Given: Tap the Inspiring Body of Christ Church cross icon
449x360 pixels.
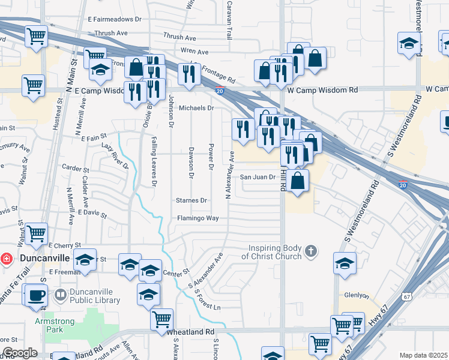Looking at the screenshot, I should pos(310,250).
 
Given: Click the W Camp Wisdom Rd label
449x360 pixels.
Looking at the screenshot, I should pos(322,89).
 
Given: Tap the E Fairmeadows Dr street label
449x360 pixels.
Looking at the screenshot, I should pos(114,19).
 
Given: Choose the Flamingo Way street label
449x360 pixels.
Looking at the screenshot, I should pos(197,218).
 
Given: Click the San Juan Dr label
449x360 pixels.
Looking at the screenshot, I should pos(258,177).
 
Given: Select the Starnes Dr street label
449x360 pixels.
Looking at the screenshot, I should pos(191,200).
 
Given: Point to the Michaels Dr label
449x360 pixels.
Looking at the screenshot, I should pos(196,108).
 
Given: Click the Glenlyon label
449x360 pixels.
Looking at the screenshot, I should pos(355,295).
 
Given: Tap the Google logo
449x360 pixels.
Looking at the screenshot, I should pos(19,353).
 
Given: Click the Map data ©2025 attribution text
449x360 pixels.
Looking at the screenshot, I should pos(423,355).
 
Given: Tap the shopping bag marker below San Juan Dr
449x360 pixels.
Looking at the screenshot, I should pos(298,180).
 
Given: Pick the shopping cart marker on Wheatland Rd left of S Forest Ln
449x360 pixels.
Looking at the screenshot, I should pos(161,319).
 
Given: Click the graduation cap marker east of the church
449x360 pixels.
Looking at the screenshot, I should pos(345,263).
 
